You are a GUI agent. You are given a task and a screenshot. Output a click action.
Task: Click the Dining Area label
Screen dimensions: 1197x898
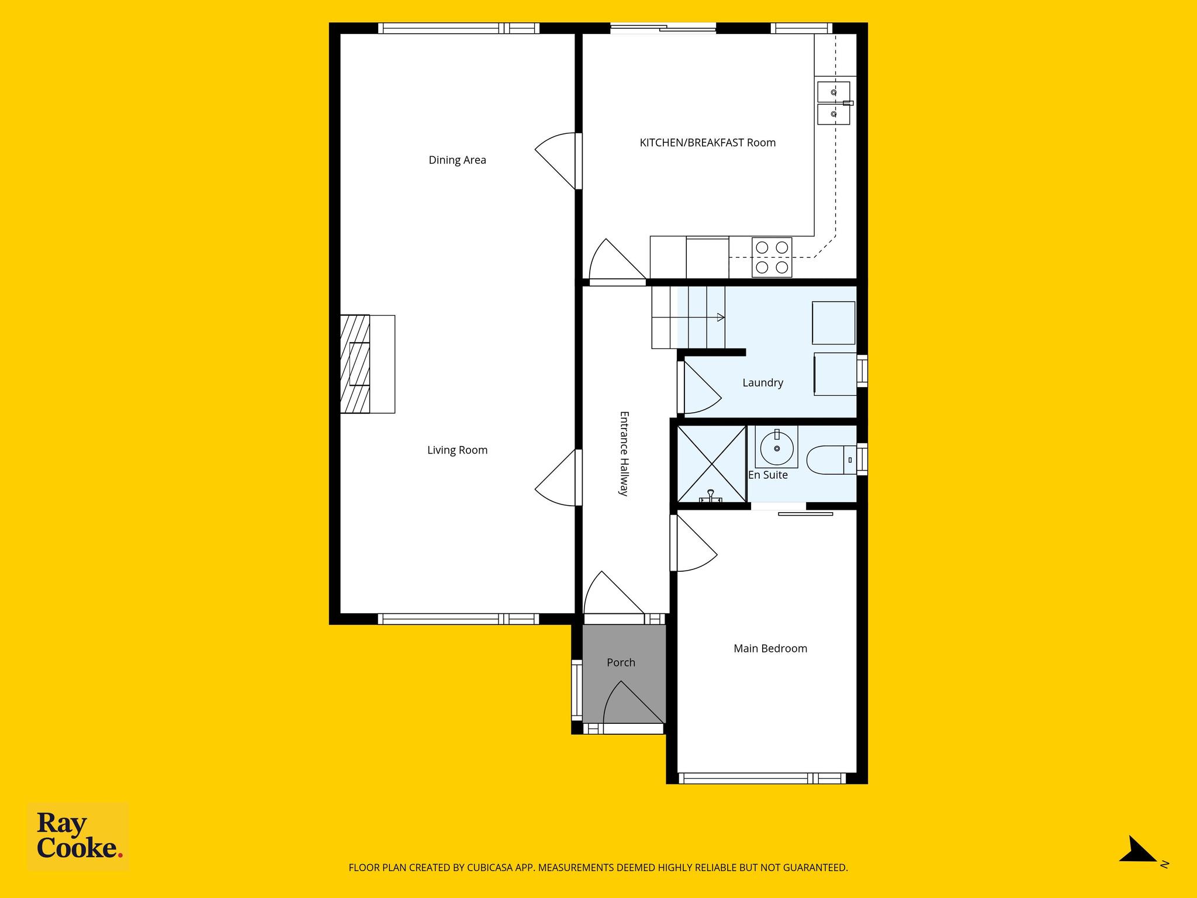pyautogui.click(x=457, y=160)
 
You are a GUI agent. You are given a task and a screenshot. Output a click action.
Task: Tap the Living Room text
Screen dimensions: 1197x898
pyautogui.click(x=457, y=450)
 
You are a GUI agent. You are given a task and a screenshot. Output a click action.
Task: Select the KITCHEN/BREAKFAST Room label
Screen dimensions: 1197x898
pyautogui.click(x=708, y=143)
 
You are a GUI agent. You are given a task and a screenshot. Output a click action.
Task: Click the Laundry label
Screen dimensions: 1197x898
pyautogui.click(x=763, y=383)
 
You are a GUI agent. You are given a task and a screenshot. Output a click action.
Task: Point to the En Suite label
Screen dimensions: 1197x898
pyautogui.click(x=768, y=475)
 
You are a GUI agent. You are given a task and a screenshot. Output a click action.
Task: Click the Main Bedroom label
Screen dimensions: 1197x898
pyautogui.click(x=770, y=648)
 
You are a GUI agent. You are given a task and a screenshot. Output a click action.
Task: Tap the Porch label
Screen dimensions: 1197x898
pyautogui.click(x=621, y=662)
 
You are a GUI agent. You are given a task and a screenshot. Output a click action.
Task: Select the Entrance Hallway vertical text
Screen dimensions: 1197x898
pyautogui.click(x=624, y=454)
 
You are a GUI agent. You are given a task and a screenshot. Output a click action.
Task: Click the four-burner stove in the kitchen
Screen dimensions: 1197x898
pyautogui.click(x=772, y=257)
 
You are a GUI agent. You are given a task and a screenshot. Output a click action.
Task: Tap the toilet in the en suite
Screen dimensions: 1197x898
pyautogui.click(x=831, y=460)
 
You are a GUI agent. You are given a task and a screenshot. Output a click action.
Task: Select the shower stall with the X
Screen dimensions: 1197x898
pyautogui.click(x=711, y=464)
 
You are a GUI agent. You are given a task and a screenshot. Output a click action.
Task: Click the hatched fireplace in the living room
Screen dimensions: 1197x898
pyautogui.click(x=355, y=364)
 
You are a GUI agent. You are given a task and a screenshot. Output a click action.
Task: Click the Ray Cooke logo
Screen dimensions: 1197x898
pyautogui.click(x=78, y=837)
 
